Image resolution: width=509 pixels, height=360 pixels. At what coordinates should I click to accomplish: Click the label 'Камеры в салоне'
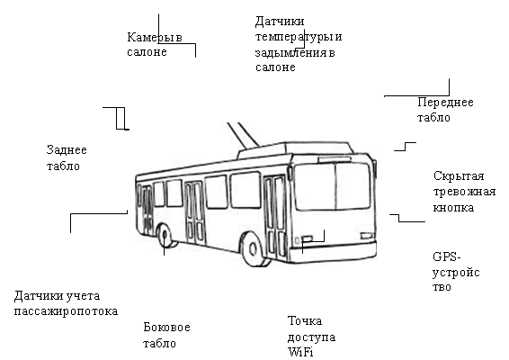[155, 44]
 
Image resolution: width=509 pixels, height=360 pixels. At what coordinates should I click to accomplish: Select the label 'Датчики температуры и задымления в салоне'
[299, 44]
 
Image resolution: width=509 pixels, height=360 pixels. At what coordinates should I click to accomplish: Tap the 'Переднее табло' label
[445, 110]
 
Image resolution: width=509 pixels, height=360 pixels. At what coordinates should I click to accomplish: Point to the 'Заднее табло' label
[67, 157]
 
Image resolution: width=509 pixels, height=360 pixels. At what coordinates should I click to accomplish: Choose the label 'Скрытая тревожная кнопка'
[464, 192]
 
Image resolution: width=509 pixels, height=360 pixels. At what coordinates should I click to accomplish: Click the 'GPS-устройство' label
[456, 272]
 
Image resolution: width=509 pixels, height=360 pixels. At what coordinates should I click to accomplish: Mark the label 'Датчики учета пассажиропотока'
[66, 303]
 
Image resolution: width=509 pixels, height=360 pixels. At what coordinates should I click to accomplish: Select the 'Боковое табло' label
[166, 335]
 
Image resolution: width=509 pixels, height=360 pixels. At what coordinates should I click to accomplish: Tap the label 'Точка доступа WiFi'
[311, 337]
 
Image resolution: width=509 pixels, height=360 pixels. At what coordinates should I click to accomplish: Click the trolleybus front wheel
[252, 249]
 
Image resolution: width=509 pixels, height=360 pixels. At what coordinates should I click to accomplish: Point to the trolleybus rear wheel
[165, 235]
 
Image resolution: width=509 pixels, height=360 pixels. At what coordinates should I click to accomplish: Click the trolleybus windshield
[332, 186]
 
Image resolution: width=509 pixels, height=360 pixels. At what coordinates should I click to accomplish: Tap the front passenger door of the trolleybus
[275, 218]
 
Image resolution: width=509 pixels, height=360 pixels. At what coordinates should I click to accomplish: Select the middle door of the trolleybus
[195, 212]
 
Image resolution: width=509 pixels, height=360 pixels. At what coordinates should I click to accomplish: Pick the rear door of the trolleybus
[147, 210]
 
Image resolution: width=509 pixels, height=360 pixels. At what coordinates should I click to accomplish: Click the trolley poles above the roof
[243, 135]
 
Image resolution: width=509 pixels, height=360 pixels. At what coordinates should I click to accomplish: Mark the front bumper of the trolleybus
[333, 251]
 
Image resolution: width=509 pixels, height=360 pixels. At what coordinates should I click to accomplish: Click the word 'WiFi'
[300, 352]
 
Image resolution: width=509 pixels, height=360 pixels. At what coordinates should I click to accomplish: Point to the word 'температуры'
[294, 37]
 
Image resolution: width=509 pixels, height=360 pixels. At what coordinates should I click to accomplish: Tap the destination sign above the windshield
[335, 159]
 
